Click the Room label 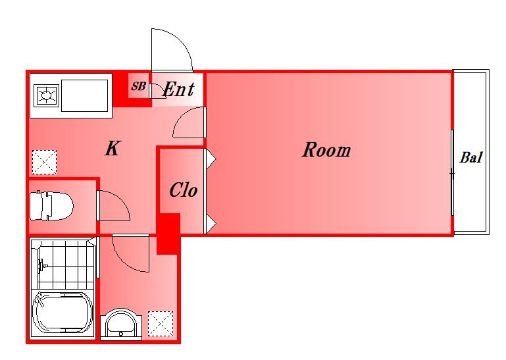tap(326, 150)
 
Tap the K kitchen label tap(112, 149)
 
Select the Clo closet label tap(184, 190)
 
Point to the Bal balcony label tap(471, 157)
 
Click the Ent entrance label tap(179, 89)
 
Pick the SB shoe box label tap(138, 86)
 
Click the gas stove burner tap(47, 95)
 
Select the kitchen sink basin tap(84, 95)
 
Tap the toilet tap(51, 206)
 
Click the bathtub tap(63, 313)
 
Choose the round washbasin tap(121, 324)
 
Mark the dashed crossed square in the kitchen tap(45, 162)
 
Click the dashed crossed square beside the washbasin tap(161, 324)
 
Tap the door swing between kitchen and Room tap(181, 118)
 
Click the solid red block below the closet tap(168, 234)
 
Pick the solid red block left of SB tap(120, 90)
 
